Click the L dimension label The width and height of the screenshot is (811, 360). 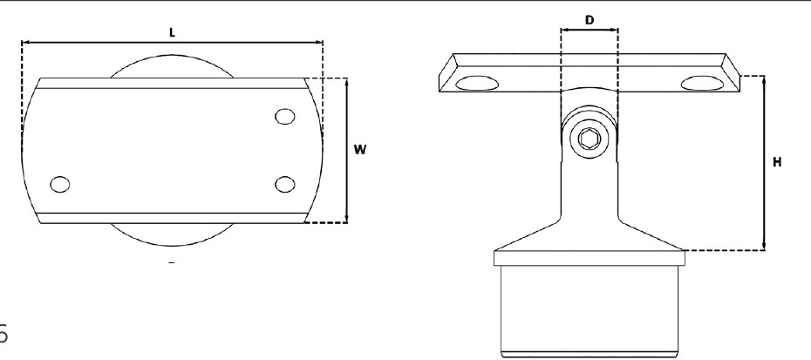pos(172,32)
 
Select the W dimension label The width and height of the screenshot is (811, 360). pos(359,149)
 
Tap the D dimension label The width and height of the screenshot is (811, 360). pos(590,18)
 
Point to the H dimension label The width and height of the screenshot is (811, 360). pos(777,162)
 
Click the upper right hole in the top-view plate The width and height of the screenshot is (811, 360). pos(284,117)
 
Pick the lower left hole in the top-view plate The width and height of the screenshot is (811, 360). pos(60,184)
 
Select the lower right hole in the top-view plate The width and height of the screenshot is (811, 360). pos(284,184)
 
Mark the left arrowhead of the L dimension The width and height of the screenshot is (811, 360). pos(24,42)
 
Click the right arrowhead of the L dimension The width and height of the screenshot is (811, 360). pos(319,42)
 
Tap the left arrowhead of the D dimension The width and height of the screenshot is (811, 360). pos(563,30)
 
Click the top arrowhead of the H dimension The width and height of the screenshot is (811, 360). pos(765,79)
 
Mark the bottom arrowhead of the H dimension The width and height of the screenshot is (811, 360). pos(765,247)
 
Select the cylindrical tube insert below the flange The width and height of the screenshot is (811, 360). pos(589,309)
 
